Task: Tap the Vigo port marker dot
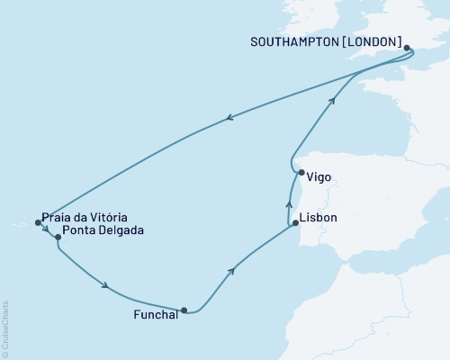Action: point(300,173)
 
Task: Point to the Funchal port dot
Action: point(184,311)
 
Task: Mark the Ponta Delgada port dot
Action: point(58,238)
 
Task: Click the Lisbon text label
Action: point(321,218)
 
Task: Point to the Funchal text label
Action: point(156,316)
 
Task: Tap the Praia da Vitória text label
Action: point(85,218)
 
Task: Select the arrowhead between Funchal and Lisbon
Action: point(234,269)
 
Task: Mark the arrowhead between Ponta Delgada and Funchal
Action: point(107,287)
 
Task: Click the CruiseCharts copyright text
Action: point(5,328)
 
